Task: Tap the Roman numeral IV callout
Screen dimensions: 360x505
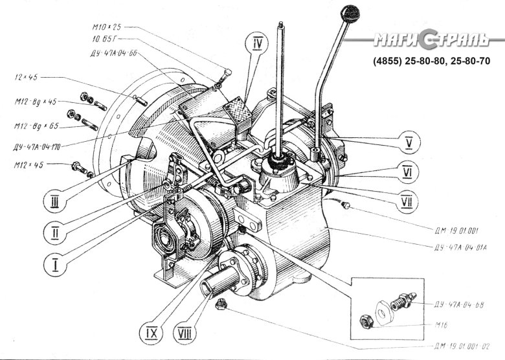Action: (258, 43)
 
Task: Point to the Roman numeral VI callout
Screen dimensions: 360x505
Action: (407, 174)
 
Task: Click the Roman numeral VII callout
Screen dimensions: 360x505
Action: (407, 203)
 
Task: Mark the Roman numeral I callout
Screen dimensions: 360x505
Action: (56, 264)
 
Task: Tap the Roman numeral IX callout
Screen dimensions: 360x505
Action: (150, 333)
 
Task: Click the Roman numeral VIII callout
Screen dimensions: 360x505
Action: (185, 334)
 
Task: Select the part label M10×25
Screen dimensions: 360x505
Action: (107, 27)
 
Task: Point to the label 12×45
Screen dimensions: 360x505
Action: (25, 77)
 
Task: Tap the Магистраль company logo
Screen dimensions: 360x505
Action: (429, 43)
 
